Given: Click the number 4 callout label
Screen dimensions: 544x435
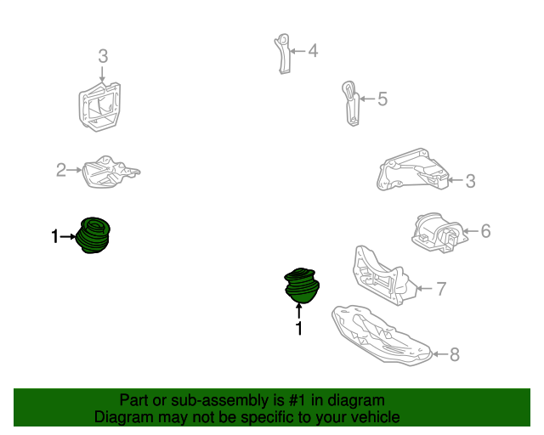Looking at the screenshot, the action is click(313, 51).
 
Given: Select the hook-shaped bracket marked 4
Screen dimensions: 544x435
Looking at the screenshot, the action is click(283, 54).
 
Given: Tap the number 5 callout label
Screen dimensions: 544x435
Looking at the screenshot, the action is click(382, 99).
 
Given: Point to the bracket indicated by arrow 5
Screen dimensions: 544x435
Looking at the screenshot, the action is click(351, 103).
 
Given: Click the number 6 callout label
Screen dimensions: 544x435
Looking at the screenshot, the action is click(485, 231).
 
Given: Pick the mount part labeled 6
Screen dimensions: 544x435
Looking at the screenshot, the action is click(437, 233).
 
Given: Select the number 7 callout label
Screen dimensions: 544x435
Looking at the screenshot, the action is click(441, 289).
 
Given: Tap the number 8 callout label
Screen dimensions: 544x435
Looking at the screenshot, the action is click(455, 354).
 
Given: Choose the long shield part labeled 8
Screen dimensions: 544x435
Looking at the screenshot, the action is click(382, 335).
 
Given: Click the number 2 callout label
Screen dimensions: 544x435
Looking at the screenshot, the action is click(61, 170).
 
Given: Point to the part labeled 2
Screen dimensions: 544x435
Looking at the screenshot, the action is click(111, 172).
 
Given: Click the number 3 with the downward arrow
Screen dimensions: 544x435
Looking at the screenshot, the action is click(103, 56).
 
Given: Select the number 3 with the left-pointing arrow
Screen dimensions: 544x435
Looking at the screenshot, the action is click(470, 181).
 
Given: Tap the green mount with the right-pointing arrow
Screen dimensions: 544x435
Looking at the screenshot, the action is click(93, 235).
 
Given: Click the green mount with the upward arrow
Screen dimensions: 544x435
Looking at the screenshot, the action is click(302, 285).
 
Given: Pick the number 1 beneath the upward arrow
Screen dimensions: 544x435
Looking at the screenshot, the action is click(299, 328).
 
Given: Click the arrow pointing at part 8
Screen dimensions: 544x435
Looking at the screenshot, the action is click(440, 354).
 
